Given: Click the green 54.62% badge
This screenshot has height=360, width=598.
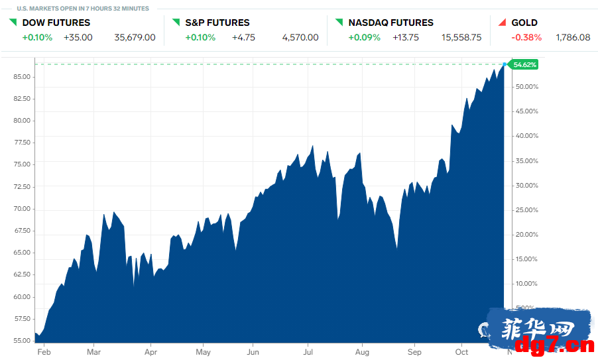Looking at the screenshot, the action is [523, 64].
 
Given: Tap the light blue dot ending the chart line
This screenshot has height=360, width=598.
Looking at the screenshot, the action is [505, 64].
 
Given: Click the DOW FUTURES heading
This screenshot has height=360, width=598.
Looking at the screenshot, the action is [56, 23].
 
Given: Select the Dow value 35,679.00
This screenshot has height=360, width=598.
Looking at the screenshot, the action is [135, 37].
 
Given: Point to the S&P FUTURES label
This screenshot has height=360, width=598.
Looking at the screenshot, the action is [217, 23].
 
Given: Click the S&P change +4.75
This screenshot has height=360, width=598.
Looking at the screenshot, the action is [243, 37].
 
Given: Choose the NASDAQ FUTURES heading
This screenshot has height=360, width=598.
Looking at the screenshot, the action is [391, 23].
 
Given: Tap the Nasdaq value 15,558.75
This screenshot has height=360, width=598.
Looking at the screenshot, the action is [461, 37].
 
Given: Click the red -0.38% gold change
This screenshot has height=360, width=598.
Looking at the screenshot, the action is [526, 37].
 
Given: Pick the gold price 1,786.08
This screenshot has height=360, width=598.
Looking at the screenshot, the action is [573, 37].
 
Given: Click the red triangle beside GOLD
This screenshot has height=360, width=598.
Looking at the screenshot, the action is [503, 23].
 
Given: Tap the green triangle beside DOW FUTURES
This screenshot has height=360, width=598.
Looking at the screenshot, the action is [13, 23].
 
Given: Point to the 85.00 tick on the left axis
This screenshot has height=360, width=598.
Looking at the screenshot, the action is [22, 77].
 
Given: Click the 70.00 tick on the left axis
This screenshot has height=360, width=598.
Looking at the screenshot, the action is [22, 209].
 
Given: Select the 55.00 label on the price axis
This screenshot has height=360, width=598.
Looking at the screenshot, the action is [22, 341].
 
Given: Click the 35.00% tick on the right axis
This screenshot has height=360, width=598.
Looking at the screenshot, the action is [526, 161].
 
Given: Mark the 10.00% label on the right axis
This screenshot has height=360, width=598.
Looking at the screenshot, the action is [526, 284].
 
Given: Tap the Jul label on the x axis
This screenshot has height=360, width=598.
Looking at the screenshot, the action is [308, 352].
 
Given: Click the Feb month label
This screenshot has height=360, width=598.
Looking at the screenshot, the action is [44, 352].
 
